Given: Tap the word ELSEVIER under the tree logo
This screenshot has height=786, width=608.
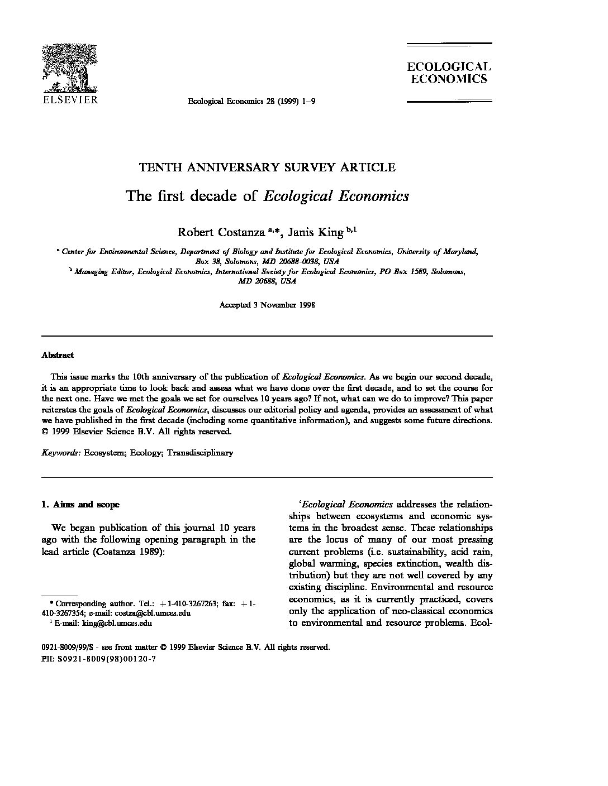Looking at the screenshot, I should [x=70, y=100].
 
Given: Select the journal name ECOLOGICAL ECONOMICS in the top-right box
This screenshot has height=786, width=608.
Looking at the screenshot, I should [x=449, y=73].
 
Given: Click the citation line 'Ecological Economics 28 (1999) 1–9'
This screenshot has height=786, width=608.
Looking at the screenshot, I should [x=252, y=101].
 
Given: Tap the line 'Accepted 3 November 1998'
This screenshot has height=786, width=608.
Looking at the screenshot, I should [x=267, y=305].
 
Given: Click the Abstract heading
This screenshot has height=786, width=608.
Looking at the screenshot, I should [x=58, y=355].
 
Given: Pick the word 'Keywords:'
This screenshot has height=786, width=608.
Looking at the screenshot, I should [x=61, y=453].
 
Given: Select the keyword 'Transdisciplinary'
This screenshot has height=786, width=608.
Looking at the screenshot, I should [x=199, y=453].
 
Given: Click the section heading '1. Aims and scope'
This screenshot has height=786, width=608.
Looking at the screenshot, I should [x=80, y=505].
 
